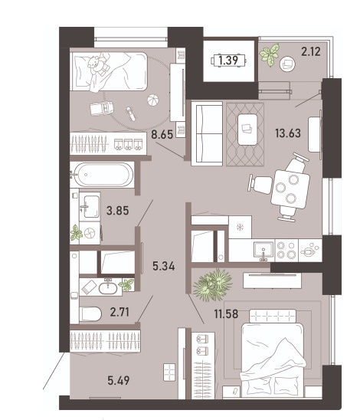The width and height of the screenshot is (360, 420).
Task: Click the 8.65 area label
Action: point(162,134)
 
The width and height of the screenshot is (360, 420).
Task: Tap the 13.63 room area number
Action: point(288,133)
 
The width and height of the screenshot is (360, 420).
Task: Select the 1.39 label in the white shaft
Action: point(228,61)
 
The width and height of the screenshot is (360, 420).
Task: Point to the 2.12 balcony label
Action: point(311,51)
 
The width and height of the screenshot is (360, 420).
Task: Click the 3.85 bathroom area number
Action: point(117,211)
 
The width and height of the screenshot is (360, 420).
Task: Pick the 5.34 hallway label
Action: point(164,266)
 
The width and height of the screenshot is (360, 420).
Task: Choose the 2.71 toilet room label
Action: point(119,312)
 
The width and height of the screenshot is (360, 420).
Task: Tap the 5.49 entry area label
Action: point(119,380)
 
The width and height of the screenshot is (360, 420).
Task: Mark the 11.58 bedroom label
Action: point(226,313)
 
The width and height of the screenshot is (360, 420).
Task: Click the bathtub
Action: point(103,175)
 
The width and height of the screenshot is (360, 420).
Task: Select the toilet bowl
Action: point(90,313)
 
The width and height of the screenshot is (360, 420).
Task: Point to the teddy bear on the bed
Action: point(97,64)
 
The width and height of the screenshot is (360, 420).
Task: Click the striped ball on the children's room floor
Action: point(152,101)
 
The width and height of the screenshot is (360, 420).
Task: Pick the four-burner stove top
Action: point(286,250)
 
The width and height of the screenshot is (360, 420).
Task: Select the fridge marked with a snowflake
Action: point(240,228)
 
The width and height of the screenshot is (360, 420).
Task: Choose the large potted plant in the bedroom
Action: point(213,285)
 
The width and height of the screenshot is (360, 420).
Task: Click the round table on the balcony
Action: point(288,64)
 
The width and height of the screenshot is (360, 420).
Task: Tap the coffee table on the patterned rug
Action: point(247,130)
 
